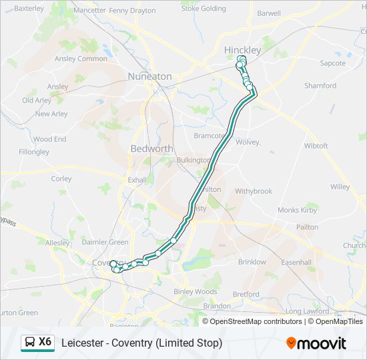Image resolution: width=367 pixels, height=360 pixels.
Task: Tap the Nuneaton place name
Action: pyautogui.click(x=150, y=77)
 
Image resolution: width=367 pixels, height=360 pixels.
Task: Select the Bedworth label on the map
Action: pyautogui.click(x=151, y=149)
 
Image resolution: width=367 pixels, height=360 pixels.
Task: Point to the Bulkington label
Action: pyautogui.click(x=193, y=160)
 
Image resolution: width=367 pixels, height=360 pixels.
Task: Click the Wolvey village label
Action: pyautogui.click(x=247, y=142)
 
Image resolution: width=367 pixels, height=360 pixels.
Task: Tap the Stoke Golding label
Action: pyautogui.click(x=204, y=9)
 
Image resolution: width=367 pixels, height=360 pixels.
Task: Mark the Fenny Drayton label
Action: pyautogui.click(x=132, y=11)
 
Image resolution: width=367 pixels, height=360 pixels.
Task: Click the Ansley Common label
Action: pyautogui.click(x=81, y=59)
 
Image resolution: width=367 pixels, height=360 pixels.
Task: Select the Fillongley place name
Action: pyautogui.click(x=34, y=152)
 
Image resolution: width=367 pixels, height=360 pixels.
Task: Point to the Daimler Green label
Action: pyautogui.click(x=105, y=242)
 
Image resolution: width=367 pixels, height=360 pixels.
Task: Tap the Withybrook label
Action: pyautogui.click(x=254, y=191)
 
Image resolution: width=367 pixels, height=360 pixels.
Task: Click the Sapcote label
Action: pyautogui.click(x=333, y=63)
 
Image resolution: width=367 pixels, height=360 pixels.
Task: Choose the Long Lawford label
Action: pyautogui.click(x=308, y=311)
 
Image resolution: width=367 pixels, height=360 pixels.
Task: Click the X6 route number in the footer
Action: pyautogui.click(x=45, y=342)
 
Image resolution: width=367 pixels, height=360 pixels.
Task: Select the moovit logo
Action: pyautogui.click(x=316, y=343)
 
